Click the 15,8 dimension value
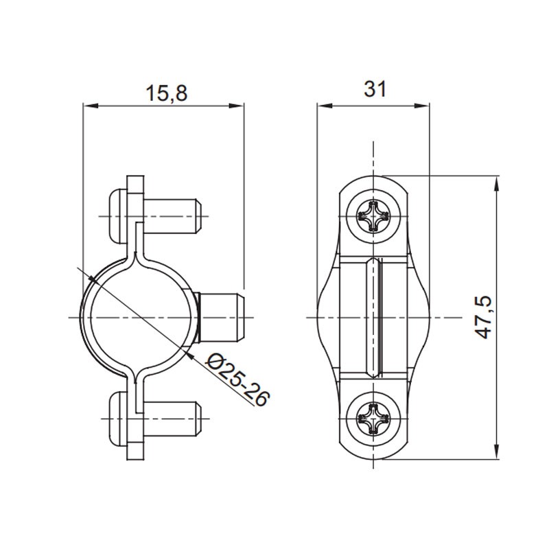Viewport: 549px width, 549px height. click(x=167, y=93)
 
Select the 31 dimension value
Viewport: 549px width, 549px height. click(x=375, y=89)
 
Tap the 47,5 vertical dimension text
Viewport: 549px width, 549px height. click(x=484, y=317)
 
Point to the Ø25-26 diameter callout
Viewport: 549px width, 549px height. click(x=237, y=380)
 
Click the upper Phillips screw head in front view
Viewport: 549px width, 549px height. click(x=373, y=216)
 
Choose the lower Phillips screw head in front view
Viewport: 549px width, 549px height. click(x=373, y=419)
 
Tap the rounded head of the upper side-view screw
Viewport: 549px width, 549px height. click(x=118, y=216)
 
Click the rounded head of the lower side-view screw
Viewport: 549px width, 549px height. click(x=118, y=419)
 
